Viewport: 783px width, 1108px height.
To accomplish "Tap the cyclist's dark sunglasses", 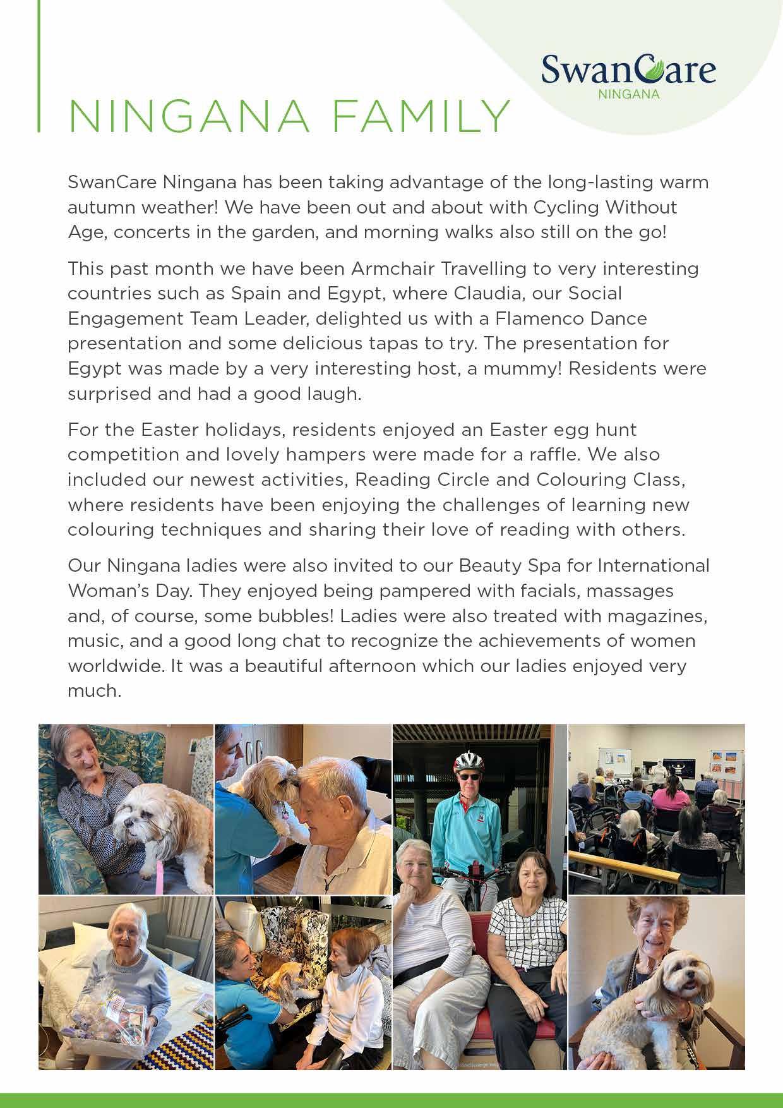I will (469, 777).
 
